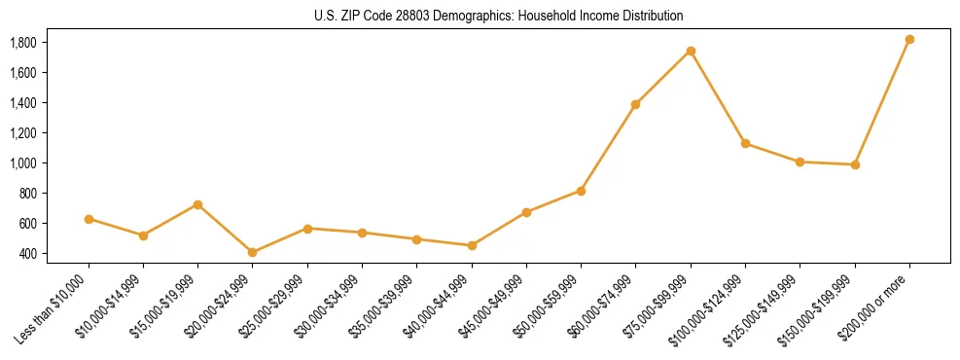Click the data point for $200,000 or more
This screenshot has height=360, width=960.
(x=909, y=40)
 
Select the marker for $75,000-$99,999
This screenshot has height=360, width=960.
(x=691, y=51)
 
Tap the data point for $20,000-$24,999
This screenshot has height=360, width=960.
(x=253, y=252)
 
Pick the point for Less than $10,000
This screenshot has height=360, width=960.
(x=89, y=219)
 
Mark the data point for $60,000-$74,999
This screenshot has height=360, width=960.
(x=635, y=104)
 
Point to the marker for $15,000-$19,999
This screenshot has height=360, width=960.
(x=197, y=204)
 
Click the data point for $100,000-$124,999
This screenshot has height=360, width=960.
(x=745, y=143)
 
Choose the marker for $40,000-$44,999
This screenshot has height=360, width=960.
(x=472, y=245)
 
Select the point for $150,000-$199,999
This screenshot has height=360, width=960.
(x=855, y=164)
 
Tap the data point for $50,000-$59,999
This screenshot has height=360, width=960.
(x=581, y=191)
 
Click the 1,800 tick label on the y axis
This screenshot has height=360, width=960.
(x=22, y=43)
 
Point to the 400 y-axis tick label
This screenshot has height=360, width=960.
(x=27, y=254)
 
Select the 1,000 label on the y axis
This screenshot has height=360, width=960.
(x=22, y=163)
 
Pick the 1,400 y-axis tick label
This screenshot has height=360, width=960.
(x=22, y=103)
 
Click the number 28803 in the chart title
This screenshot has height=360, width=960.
(x=394, y=16)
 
